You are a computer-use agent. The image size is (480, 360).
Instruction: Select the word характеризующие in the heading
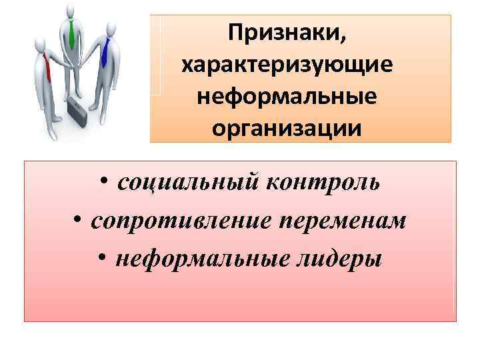287,65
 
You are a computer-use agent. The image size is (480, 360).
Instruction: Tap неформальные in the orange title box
287,96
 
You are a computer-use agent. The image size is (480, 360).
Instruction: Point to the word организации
287,127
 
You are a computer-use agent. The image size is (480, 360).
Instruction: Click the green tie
71,34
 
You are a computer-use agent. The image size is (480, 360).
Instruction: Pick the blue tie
105,51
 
